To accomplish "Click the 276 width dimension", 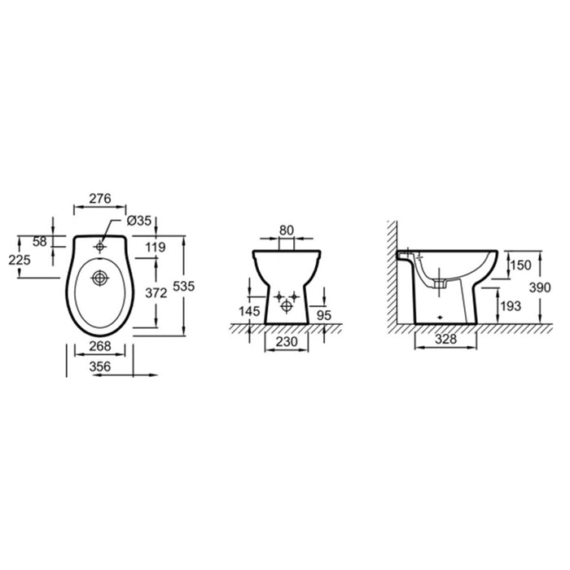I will coord(99,198).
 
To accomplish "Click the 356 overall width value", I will coord(99,367).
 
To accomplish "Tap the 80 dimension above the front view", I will coord(285,230).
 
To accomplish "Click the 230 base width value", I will coord(284,343).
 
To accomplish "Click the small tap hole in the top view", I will coord(99,244).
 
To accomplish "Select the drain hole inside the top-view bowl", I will coord(99,278).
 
